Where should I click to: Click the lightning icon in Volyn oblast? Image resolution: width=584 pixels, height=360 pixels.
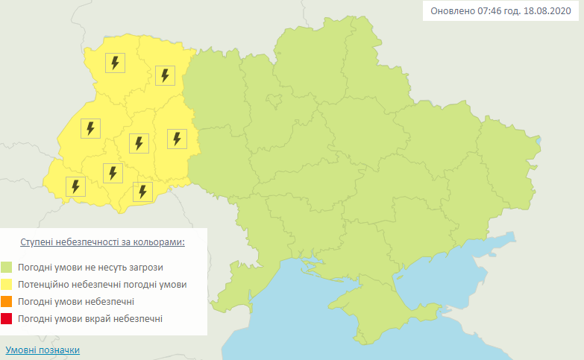[x=114, y=63]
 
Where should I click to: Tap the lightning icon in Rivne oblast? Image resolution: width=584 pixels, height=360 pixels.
[x=165, y=75]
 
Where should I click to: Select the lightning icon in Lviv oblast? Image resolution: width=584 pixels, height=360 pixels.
[x=90, y=128]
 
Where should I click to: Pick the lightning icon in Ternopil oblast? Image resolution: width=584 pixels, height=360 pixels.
[x=137, y=142]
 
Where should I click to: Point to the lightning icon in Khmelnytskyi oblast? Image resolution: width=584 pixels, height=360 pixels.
[x=177, y=139]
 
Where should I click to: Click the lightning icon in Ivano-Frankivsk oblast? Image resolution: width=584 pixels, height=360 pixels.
[x=113, y=173]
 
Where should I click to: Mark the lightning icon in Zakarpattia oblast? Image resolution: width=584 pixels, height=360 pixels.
[x=75, y=186]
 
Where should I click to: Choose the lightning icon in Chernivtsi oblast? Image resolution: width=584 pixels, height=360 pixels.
[x=142, y=192]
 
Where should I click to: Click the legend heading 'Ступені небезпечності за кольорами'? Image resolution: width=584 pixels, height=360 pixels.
[x=102, y=243]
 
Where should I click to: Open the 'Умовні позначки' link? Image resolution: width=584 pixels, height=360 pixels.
[x=42, y=350]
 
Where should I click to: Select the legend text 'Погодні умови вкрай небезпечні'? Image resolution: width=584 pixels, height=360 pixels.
[x=92, y=319]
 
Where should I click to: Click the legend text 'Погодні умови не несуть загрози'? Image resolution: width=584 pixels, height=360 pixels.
[x=92, y=267]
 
